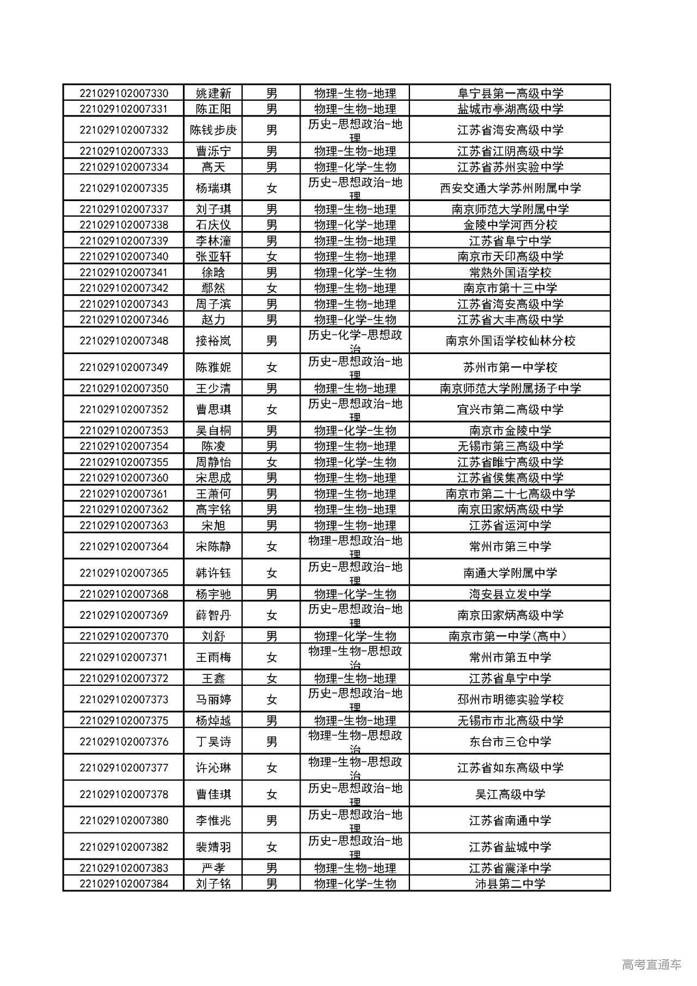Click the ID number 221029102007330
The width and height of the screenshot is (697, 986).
coord(124,93)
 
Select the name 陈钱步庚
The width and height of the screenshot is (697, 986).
coord(213,130)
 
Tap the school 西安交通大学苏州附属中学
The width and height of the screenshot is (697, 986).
coord(510,188)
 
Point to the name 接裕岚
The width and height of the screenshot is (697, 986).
coord(213,341)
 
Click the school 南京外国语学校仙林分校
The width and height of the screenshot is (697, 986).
coord(510,341)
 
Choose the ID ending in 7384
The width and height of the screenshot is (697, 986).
coord(124,884)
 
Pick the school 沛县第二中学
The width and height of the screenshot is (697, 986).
coord(510,884)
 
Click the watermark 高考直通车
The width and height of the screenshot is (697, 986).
coord(651,965)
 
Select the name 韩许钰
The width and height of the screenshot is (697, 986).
coord(213,573)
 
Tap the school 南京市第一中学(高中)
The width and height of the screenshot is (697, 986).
coord(510,636)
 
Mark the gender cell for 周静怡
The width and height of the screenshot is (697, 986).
coord(272,462)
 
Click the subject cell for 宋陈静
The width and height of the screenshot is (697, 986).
coord(355,546)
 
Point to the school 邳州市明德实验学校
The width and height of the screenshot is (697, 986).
coord(510,699)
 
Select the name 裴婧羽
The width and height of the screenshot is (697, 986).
coord(213,847)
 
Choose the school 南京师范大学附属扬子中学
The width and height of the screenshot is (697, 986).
coord(510,388)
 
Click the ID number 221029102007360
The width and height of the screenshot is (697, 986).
coord(124,478)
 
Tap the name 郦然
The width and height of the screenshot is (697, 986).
coord(213,288)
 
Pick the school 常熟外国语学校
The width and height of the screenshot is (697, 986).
coord(510,272)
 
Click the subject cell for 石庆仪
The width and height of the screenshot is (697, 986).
coord(355,225)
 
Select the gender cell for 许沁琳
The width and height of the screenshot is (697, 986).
coord(272,768)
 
